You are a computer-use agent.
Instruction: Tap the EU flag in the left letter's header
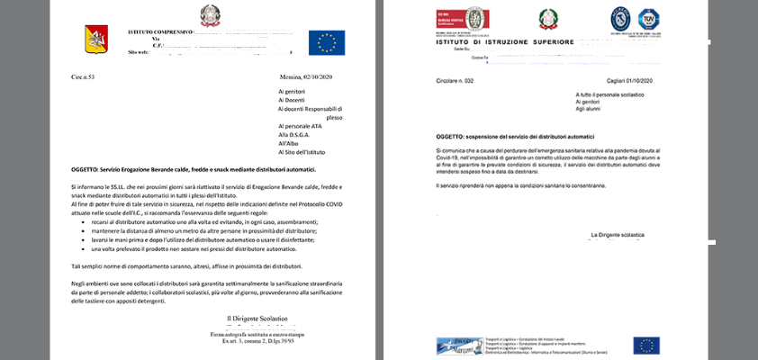(326, 42)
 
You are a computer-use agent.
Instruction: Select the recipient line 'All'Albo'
(288, 143)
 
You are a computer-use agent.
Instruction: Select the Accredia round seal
(621, 18)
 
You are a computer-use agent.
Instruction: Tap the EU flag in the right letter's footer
(645, 345)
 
